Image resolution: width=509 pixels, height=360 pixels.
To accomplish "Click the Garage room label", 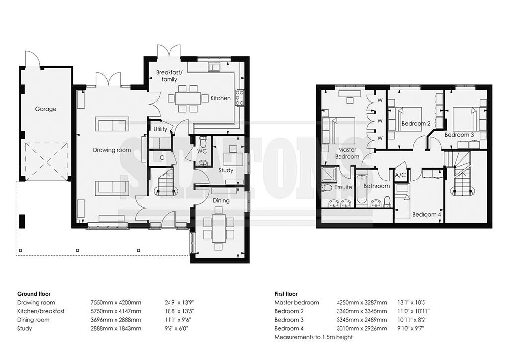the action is tap(46, 109).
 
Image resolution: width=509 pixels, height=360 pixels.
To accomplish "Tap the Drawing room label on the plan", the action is tap(112, 150).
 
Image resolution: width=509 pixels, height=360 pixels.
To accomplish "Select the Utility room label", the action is tap(160, 129).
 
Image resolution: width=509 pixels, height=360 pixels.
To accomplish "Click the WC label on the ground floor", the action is tap(202, 151).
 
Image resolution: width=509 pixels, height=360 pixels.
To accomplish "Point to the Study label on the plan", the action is tap(226, 170).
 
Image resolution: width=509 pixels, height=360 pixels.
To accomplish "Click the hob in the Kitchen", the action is tap(239, 98).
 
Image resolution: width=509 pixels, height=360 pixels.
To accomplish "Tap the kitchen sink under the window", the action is tap(214, 67).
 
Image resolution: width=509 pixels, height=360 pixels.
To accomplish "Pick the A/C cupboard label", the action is tap(400, 175).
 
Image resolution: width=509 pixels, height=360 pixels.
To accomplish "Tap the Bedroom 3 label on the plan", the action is tap(459, 135).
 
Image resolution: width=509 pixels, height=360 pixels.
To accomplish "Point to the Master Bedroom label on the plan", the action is tap(347, 153).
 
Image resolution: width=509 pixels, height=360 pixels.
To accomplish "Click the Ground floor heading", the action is tap(34, 294).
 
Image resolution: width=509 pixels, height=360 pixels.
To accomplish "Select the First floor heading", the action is tap(286, 294).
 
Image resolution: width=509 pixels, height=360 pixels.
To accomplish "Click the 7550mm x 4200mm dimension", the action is tap(116, 302).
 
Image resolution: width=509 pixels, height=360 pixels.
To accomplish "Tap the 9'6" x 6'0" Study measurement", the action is tap(176, 328).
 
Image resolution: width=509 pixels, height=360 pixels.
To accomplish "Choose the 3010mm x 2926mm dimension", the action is tap(362, 328).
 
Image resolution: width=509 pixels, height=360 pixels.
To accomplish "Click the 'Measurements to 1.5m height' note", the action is tap(314, 337).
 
